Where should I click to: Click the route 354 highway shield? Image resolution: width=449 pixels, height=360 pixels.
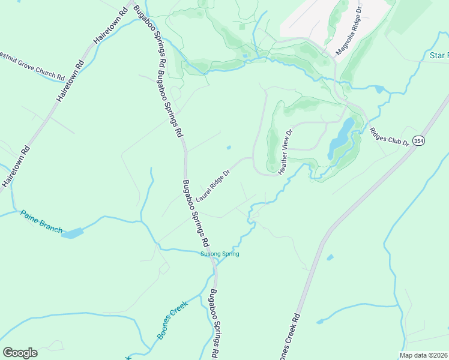point(418,140)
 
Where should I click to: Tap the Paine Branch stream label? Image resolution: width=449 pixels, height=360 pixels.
point(41,221)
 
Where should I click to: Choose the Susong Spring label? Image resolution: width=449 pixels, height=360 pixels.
point(220,254)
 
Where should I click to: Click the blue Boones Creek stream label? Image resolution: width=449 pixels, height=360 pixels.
point(173,320)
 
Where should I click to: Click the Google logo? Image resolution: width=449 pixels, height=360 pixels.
point(20,352)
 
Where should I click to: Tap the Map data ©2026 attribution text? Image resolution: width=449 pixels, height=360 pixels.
point(423,355)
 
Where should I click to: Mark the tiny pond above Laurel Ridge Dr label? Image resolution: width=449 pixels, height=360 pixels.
point(228,148)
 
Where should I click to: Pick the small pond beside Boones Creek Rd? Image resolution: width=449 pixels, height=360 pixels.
point(330,257)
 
